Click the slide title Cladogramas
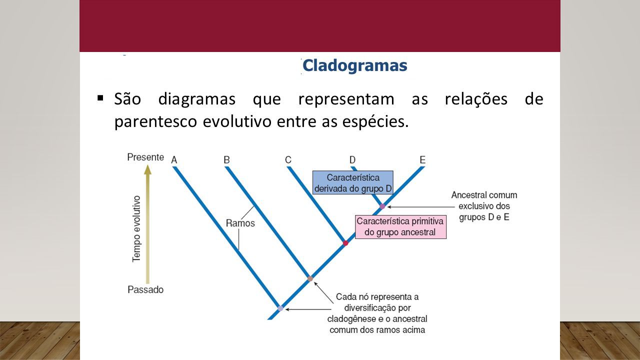tap(354, 66)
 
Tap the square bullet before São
tap(100, 98)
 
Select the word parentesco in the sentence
tap(155, 121)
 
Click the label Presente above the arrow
tap(145, 157)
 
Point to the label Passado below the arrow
tap(145, 289)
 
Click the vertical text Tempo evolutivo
tap(136, 229)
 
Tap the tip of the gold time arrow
tap(147, 165)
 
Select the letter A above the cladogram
tap(174, 160)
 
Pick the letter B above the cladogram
tap(226, 159)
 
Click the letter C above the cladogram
tap(288, 159)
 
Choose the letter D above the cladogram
tap(352, 159)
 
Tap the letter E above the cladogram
tap(422, 159)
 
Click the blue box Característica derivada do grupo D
tap(353, 182)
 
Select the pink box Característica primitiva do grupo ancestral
tap(400, 227)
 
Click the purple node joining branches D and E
tap(382, 206)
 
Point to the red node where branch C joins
tap(345, 243)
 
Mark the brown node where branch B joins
tap(310, 278)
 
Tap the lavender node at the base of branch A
tap(280, 308)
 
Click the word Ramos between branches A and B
tap(240, 223)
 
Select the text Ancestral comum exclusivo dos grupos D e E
tap(484, 206)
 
